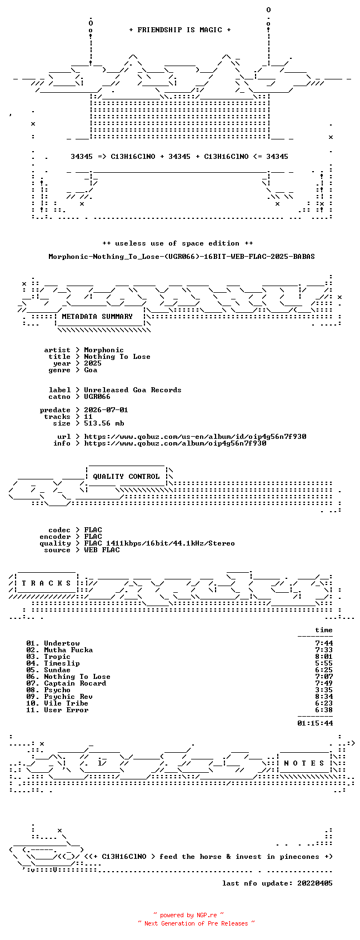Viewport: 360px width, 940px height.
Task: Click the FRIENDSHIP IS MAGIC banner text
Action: [x=180, y=30]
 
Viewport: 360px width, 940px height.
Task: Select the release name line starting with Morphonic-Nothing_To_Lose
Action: [x=181, y=257]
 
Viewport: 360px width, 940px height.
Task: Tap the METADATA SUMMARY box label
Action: [x=97, y=317]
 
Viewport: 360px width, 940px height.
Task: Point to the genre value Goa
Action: [x=91, y=370]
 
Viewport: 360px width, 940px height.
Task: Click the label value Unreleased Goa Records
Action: [x=133, y=390]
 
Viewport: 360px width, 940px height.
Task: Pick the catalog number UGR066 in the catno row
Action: [x=97, y=397]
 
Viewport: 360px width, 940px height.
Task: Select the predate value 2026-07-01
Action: [x=106, y=410]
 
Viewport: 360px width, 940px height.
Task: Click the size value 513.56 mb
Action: [x=104, y=423]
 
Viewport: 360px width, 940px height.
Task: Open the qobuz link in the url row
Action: [x=195, y=437]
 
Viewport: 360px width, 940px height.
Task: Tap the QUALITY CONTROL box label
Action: [x=126, y=477]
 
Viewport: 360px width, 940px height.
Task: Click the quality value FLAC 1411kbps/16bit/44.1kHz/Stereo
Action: [x=159, y=543]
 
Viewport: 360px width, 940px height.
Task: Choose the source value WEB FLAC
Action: [x=102, y=550]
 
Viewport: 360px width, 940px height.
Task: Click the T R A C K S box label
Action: [x=46, y=583]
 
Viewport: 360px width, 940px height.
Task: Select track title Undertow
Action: [x=62, y=643]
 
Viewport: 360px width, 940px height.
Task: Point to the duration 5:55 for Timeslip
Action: [x=324, y=663]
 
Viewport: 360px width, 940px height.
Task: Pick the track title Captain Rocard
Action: [x=75, y=683]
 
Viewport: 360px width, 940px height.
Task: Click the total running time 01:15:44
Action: [x=315, y=723]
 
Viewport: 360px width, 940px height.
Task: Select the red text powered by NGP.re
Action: [x=188, y=915]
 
